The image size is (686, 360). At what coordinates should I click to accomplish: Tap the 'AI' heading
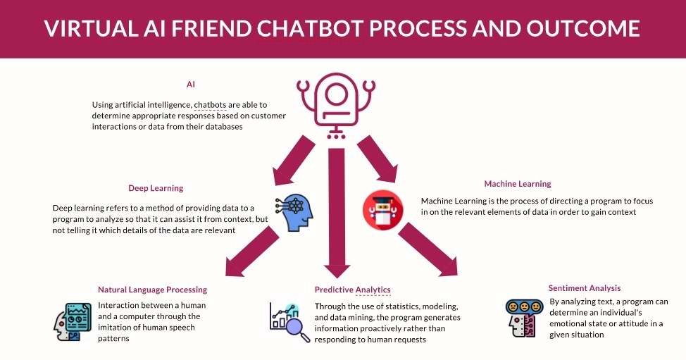point(191,84)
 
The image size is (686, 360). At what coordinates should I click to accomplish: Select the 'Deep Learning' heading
point(156,188)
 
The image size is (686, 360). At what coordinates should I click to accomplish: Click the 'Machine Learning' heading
point(518,184)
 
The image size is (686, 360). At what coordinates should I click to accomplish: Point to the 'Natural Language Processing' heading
point(152,290)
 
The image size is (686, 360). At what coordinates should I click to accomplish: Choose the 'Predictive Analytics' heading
point(352,290)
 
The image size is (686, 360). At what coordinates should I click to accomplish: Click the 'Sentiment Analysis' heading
point(585,288)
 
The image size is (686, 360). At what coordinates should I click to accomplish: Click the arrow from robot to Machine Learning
point(379,159)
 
